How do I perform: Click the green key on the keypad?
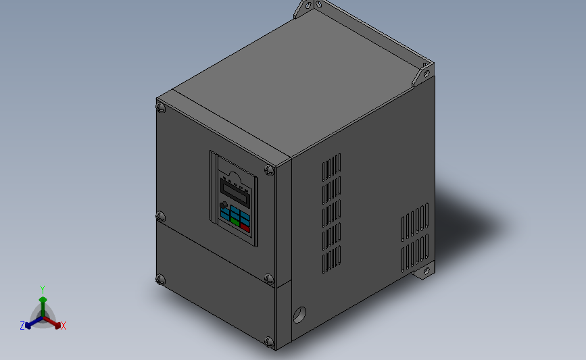235,220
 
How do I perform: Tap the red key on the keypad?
245,228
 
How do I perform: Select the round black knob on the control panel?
224,205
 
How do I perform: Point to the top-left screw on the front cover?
161,107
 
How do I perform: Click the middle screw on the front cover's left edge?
160,217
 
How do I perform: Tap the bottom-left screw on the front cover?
160,278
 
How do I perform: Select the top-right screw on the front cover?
269,170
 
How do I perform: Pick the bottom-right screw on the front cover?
269,342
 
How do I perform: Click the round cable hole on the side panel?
299,315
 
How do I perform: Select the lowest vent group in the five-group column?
331,260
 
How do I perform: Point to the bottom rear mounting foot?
425,272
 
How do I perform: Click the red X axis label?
64,326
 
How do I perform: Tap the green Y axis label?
42,290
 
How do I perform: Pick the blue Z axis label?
22,326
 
